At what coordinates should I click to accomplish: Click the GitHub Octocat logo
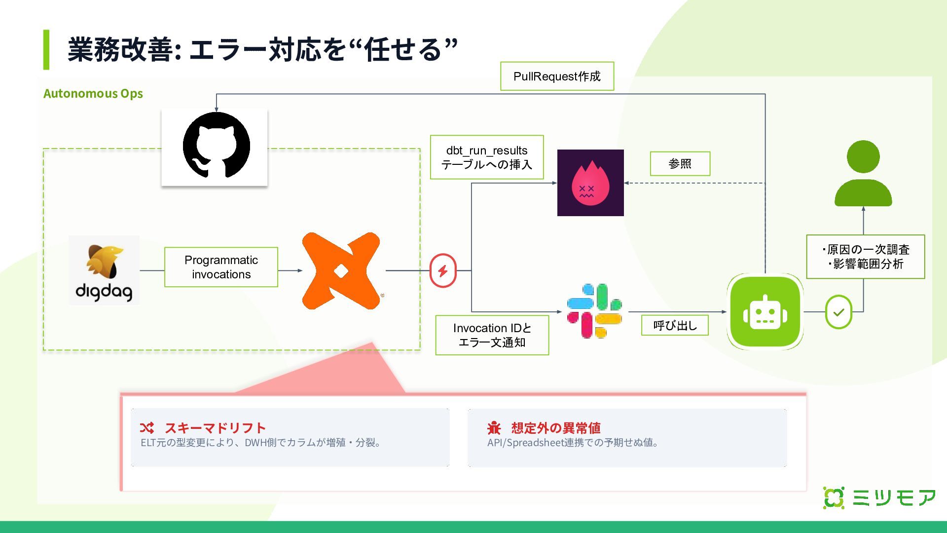216,146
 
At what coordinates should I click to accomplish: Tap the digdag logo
104,270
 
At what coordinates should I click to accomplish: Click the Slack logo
594,311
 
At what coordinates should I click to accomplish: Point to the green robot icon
765,312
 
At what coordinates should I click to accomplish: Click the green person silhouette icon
863,174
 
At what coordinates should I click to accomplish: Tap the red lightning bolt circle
443,270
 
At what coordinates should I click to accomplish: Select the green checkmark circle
838,312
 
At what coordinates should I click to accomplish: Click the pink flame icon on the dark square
590,183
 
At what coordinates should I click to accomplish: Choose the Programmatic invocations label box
221,267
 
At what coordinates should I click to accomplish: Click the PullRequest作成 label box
557,76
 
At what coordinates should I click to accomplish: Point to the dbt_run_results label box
487,157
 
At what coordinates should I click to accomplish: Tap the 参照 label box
680,163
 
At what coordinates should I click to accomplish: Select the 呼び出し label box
675,325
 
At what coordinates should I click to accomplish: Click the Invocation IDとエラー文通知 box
492,335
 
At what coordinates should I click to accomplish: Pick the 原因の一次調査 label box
865,257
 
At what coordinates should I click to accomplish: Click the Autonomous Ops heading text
93,93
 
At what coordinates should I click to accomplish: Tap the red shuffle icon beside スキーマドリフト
146,427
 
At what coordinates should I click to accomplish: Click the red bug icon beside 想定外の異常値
494,427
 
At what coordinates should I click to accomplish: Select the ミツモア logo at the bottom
879,497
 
